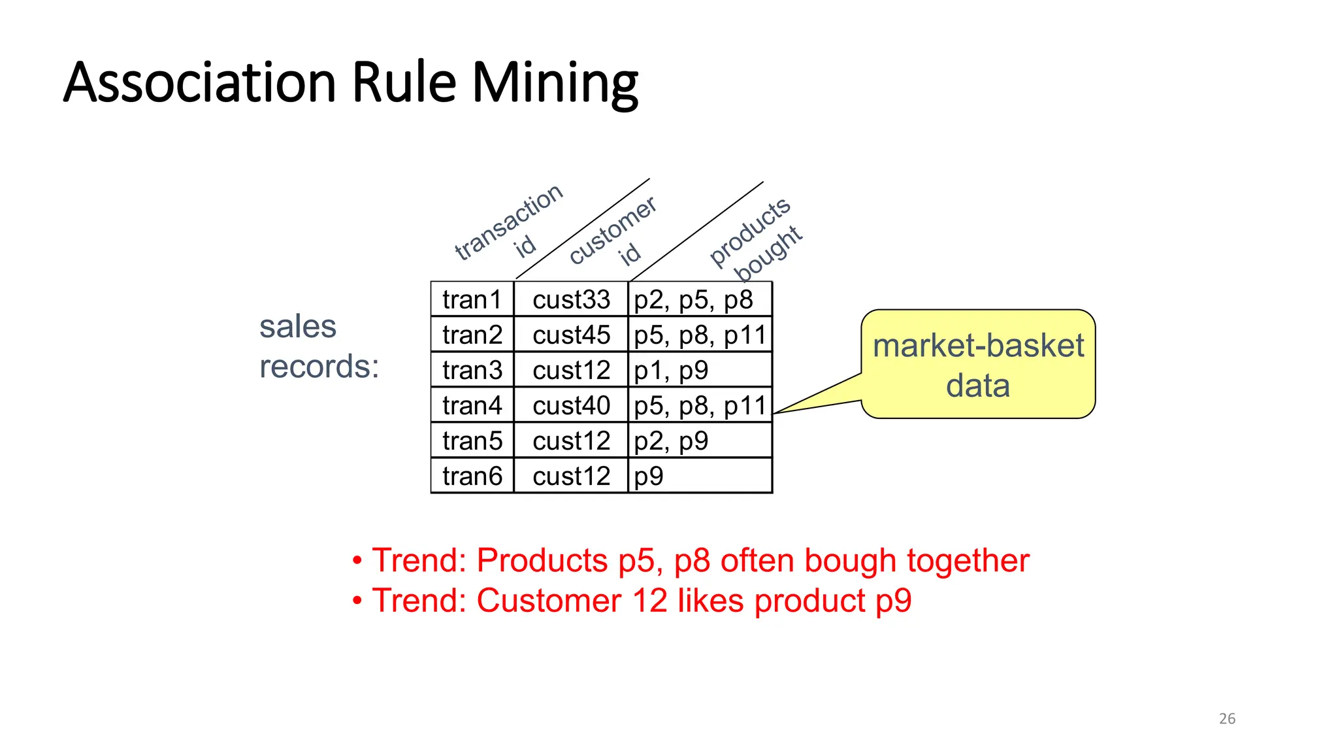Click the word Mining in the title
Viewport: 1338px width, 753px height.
point(555,84)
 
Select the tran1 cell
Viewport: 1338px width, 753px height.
point(472,299)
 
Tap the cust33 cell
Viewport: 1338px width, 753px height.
point(571,299)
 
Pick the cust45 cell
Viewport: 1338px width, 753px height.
point(571,335)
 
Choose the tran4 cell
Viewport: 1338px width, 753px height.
point(472,405)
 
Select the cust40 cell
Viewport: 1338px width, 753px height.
point(571,405)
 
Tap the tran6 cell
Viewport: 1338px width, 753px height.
point(472,476)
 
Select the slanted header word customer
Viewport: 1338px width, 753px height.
point(612,230)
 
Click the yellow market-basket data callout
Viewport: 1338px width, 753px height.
point(978,364)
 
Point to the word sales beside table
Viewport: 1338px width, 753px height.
point(297,326)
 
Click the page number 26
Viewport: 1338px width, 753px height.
point(1227,718)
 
